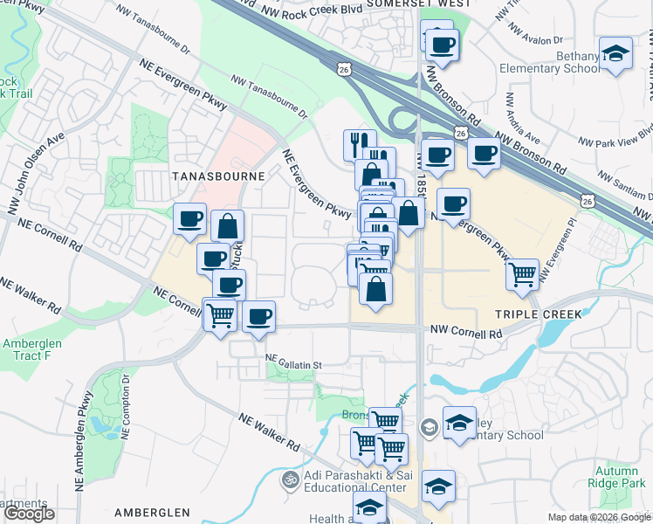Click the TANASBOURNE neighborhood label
point(206,176)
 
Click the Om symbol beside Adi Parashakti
point(290,479)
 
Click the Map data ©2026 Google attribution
point(598,517)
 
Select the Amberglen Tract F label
point(31,350)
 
